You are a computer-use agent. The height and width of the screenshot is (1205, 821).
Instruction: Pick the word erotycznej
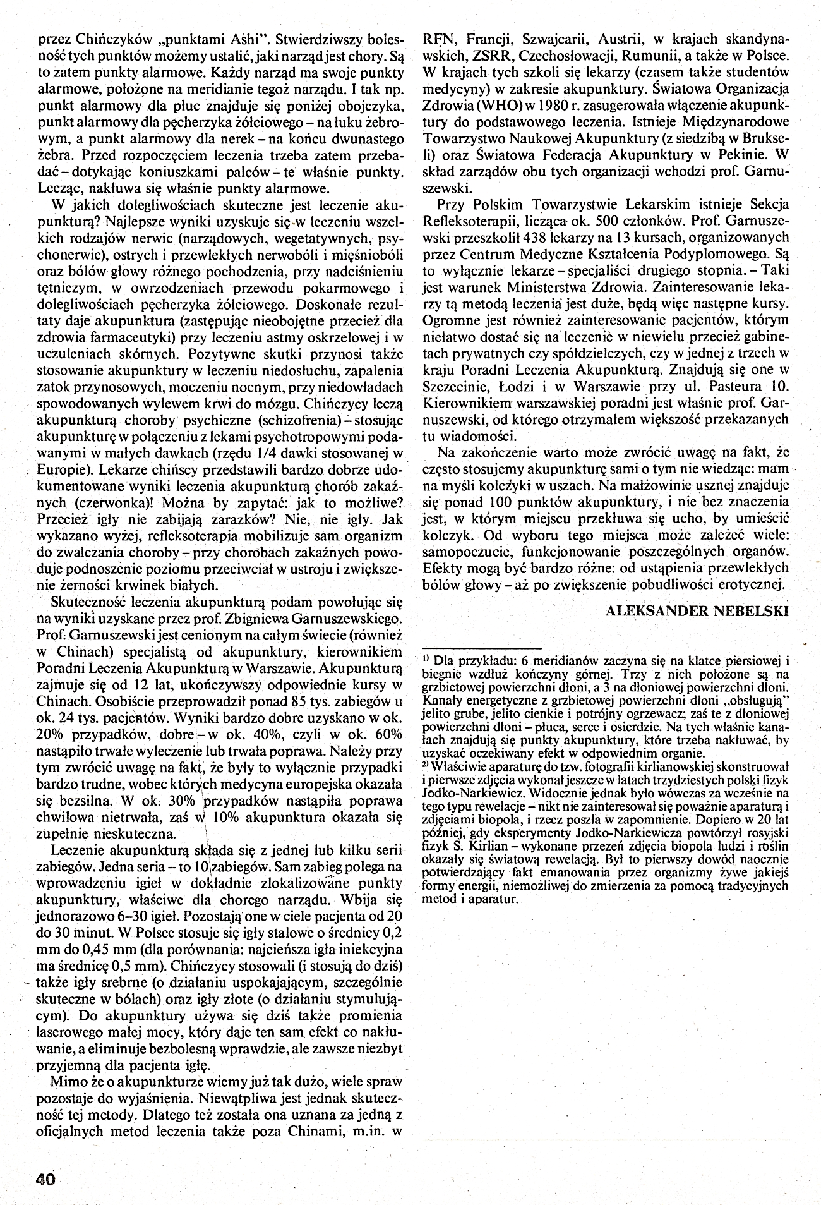751,583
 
